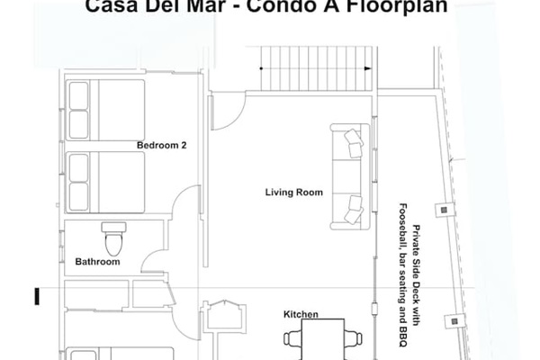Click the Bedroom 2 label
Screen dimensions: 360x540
[161, 145]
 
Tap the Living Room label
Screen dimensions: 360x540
[293, 192]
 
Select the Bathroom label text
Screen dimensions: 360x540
[97, 262]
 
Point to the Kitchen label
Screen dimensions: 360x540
[301, 314]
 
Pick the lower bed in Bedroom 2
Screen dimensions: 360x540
[105, 181]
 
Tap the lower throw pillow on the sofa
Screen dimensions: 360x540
[353, 203]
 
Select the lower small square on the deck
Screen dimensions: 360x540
[454, 319]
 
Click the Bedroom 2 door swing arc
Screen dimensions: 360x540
[186, 202]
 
